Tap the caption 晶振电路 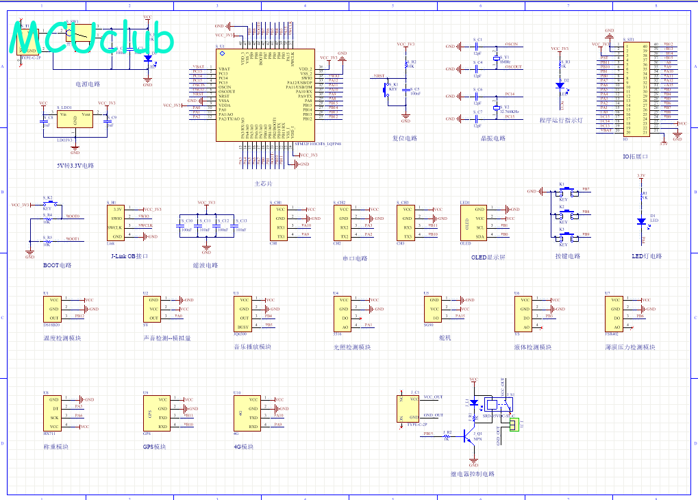(x=492, y=138)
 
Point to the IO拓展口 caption (x=636, y=156)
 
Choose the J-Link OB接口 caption (x=129, y=256)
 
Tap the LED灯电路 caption (x=647, y=256)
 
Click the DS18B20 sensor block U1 (x=55, y=309)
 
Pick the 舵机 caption (x=446, y=338)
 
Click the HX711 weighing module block (x=55, y=412)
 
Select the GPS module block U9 (x=154, y=412)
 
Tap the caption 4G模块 (x=243, y=447)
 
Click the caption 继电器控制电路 (x=472, y=474)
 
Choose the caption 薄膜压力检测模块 (x=630, y=347)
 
